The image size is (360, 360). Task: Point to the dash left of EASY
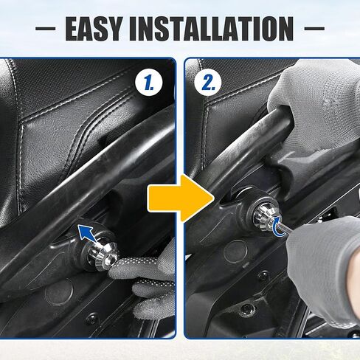coord(46,30)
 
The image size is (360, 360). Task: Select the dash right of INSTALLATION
coord(313,30)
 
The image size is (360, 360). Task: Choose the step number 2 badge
coord(210,83)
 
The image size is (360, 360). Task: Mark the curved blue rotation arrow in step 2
coord(277,228)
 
